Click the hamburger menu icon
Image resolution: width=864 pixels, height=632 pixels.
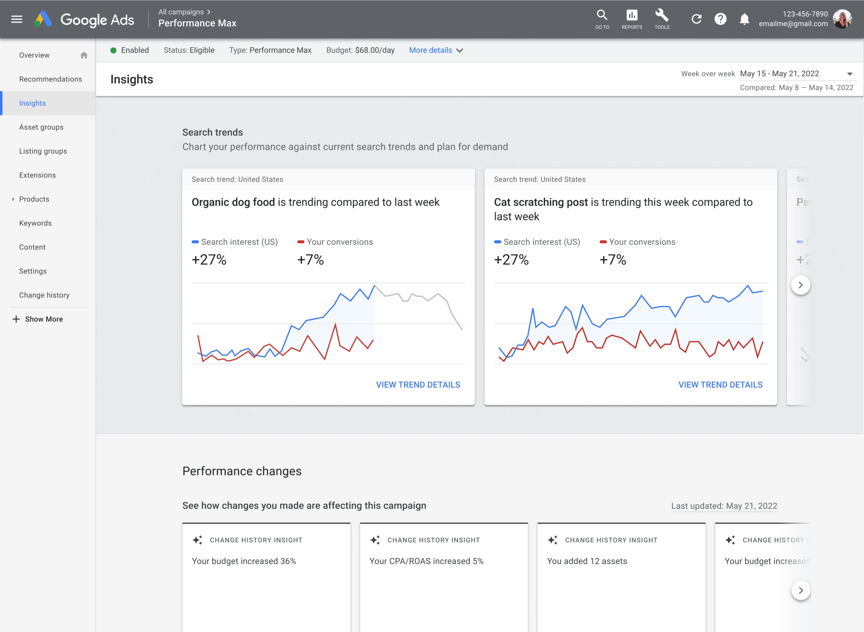pyautogui.click(x=17, y=19)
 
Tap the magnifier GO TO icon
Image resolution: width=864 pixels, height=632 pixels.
pyautogui.click(x=602, y=16)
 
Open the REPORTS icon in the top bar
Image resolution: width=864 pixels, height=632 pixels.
pyautogui.click(x=632, y=16)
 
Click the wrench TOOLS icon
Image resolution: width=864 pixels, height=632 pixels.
pyautogui.click(x=661, y=16)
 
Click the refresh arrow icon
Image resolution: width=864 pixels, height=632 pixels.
pyautogui.click(x=697, y=19)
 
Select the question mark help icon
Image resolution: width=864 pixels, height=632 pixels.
pyautogui.click(x=721, y=19)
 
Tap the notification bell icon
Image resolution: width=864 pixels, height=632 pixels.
pyautogui.click(x=745, y=19)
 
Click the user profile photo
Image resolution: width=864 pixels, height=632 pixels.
pyautogui.click(x=842, y=19)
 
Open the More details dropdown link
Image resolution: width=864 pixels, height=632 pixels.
pyautogui.click(x=436, y=50)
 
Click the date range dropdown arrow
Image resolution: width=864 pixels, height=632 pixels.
pyautogui.click(x=850, y=74)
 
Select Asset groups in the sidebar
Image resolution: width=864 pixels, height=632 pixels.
pyautogui.click(x=41, y=127)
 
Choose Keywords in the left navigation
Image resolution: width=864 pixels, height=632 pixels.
pyautogui.click(x=35, y=223)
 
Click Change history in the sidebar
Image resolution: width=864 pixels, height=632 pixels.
pyautogui.click(x=44, y=295)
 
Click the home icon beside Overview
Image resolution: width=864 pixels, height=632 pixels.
pyautogui.click(x=84, y=55)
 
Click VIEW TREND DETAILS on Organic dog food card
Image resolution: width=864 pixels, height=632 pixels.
pyautogui.click(x=418, y=385)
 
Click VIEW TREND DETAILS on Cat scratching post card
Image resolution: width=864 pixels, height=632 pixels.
pyautogui.click(x=720, y=385)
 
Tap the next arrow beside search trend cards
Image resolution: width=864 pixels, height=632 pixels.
pyautogui.click(x=800, y=285)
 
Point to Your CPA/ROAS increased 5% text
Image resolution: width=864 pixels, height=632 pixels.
pyautogui.click(x=426, y=561)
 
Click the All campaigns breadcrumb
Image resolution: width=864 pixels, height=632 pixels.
pyautogui.click(x=181, y=12)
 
